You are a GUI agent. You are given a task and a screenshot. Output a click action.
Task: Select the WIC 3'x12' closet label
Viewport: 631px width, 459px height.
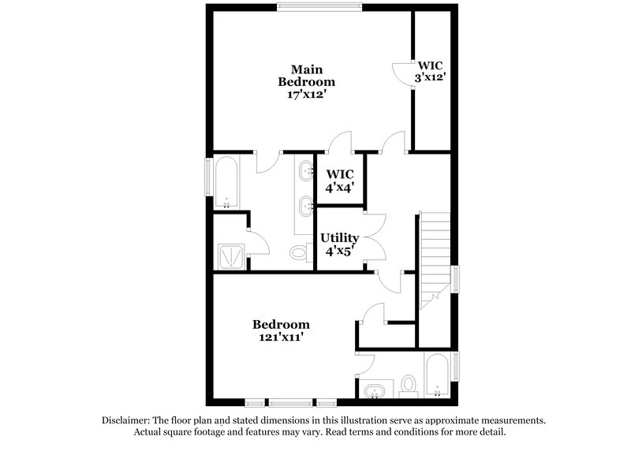pos(431,71)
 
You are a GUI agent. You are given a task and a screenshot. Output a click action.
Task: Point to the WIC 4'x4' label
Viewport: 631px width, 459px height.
pos(340,181)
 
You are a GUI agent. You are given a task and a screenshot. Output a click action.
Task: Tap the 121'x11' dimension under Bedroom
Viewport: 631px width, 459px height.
pos(282,338)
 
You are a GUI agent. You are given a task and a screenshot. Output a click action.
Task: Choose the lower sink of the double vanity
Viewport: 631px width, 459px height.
pos(304,207)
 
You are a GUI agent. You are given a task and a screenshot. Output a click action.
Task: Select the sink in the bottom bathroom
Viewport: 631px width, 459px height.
pos(375,390)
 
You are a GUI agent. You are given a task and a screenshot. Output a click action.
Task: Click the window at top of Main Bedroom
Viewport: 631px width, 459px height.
pos(319,9)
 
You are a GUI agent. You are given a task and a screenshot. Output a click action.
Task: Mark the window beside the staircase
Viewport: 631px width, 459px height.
pos(455,281)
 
